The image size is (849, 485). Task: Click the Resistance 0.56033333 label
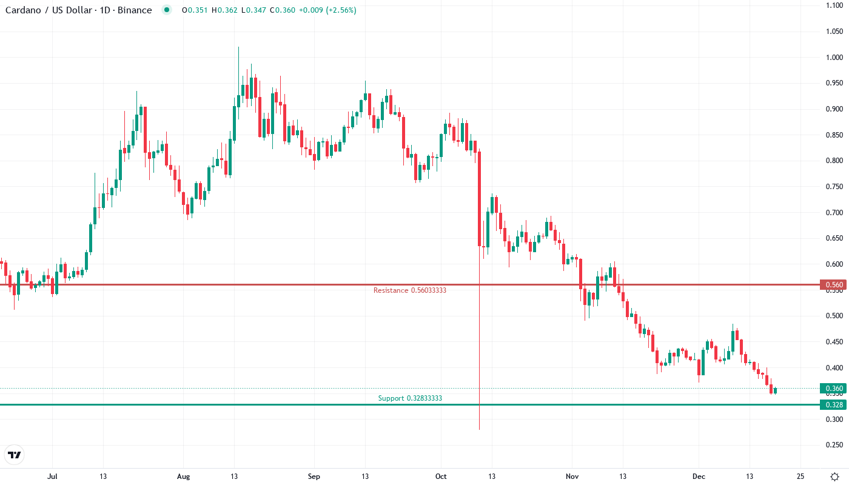(x=410, y=290)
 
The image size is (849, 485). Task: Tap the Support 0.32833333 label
(x=410, y=398)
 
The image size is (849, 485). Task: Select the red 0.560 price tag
(x=833, y=284)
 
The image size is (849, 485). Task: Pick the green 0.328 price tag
(x=833, y=404)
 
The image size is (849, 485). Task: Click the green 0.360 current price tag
(x=833, y=389)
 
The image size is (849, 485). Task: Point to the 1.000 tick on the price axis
(x=834, y=58)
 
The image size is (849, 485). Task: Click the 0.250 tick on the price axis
(x=834, y=445)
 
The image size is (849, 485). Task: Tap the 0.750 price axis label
(x=834, y=187)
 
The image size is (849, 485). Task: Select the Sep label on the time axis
(x=314, y=477)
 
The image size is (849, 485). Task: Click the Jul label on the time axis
(x=52, y=477)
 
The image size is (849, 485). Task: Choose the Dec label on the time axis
(x=699, y=477)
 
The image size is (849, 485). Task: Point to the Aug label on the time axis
(x=183, y=477)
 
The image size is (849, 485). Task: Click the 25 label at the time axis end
(x=800, y=477)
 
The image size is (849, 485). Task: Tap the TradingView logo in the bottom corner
(x=14, y=455)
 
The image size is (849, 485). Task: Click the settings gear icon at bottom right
(x=834, y=477)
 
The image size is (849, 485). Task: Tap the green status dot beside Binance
(x=167, y=10)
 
